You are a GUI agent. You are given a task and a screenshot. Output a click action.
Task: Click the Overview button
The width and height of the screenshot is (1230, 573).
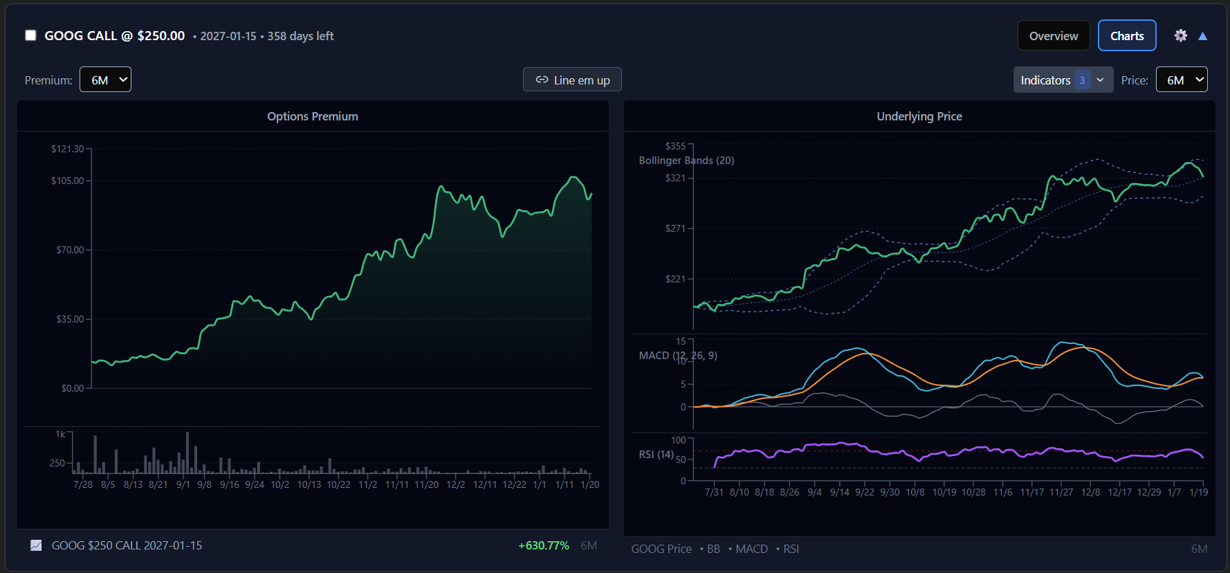[1053, 36]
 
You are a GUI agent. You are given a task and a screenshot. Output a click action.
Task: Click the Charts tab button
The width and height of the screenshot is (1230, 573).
[1126, 36]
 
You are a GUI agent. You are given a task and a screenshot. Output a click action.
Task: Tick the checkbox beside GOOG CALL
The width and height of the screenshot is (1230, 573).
[30, 35]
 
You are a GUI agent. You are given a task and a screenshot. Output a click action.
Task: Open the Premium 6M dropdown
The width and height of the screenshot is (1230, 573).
[105, 80]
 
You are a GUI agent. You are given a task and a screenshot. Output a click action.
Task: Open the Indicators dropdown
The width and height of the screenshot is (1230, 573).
[1062, 80]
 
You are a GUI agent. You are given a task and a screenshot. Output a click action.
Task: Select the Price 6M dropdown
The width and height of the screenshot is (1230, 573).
[1181, 80]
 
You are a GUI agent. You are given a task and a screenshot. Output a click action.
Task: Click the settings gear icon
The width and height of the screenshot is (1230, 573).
[1180, 35]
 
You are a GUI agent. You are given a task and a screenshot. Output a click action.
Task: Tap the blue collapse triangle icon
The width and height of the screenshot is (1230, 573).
[1202, 36]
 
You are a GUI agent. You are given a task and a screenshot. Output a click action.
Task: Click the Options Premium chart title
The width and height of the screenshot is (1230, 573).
[313, 116]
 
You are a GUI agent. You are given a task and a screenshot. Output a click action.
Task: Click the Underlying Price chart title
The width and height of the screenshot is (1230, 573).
[919, 116]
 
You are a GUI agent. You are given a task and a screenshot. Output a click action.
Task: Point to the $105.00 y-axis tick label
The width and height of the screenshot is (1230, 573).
[67, 181]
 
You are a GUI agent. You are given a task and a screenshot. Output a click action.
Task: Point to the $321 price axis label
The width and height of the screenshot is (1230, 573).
[674, 178]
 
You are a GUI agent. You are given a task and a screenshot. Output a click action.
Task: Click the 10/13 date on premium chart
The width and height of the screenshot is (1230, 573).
[309, 484]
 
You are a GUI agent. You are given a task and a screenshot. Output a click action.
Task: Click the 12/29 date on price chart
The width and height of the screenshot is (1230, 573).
[1149, 492]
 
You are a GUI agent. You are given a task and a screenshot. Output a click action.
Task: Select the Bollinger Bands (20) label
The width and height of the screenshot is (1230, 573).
[686, 161]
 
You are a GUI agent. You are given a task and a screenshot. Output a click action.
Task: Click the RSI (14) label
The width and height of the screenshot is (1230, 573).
[656, 455]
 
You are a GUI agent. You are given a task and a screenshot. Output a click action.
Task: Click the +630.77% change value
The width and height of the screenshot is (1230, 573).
[543, 545]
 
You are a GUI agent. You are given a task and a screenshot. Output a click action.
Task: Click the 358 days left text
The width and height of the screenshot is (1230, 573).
[300, 36]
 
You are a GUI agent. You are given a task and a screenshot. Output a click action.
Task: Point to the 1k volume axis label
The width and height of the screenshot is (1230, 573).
[60, 435]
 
